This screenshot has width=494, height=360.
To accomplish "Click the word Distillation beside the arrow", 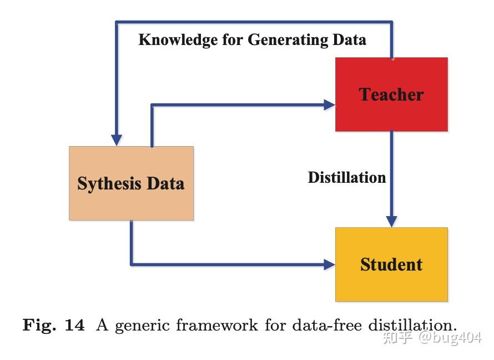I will click(x=347, y=178).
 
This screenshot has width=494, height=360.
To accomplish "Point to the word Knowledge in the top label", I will click(x=170, y=40).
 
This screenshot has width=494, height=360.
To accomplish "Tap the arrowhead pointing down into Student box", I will click(x=391, y=221).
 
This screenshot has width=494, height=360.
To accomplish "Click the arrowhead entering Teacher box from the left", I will click(x=329, y=104).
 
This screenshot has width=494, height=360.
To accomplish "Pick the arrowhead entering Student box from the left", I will click(x=329, y=264).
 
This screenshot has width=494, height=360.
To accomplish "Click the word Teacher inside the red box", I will click(x=391, y=95).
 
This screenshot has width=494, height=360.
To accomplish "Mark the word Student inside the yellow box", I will click(x=391, y=264).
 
